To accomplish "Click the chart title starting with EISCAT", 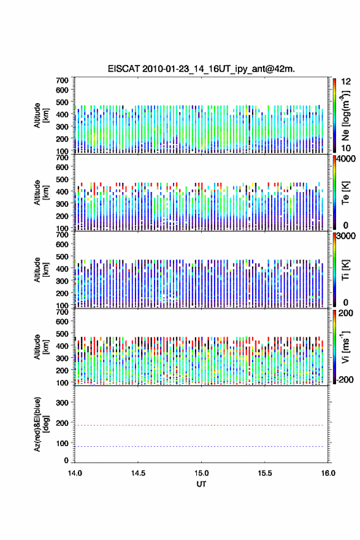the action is click(x=201, y=69).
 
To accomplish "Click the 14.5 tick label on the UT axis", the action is click(x=138, y=473).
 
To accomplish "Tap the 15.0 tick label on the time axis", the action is click(x=201, y=473).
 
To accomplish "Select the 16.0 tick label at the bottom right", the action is click(x=328, y=473).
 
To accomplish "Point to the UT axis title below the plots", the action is click(x=201, y=484).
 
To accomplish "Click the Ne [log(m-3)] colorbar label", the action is click(x=345, y=116).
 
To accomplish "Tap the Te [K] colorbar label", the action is click(x=345, y=193).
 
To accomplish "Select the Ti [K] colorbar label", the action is click(x=345, y=269).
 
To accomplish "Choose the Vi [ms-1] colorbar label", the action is click(x=345, y=347).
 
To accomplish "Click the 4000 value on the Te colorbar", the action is click(x=346, y=159).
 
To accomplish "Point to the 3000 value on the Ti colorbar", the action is click(x=346, y=236).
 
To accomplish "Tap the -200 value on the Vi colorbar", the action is click(x=345, y=379).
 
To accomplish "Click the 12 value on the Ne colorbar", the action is click(x=346, y=82).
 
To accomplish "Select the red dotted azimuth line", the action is click(x=199, y=425).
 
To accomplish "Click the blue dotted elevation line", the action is click(x=199, y=446).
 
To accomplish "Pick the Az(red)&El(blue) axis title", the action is click(x=40, y=424).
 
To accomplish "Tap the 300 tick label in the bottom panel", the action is click(x=63, y=403).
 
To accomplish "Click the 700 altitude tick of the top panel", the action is click(x=63, y=80).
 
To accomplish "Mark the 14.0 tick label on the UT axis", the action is click(x=75, y=473).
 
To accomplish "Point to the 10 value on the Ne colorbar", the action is click(x=346, y=148).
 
